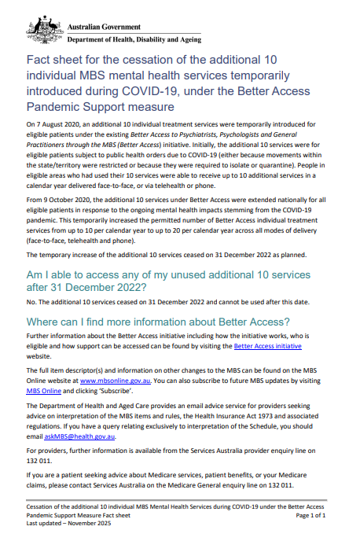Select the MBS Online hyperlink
pos(44,390)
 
